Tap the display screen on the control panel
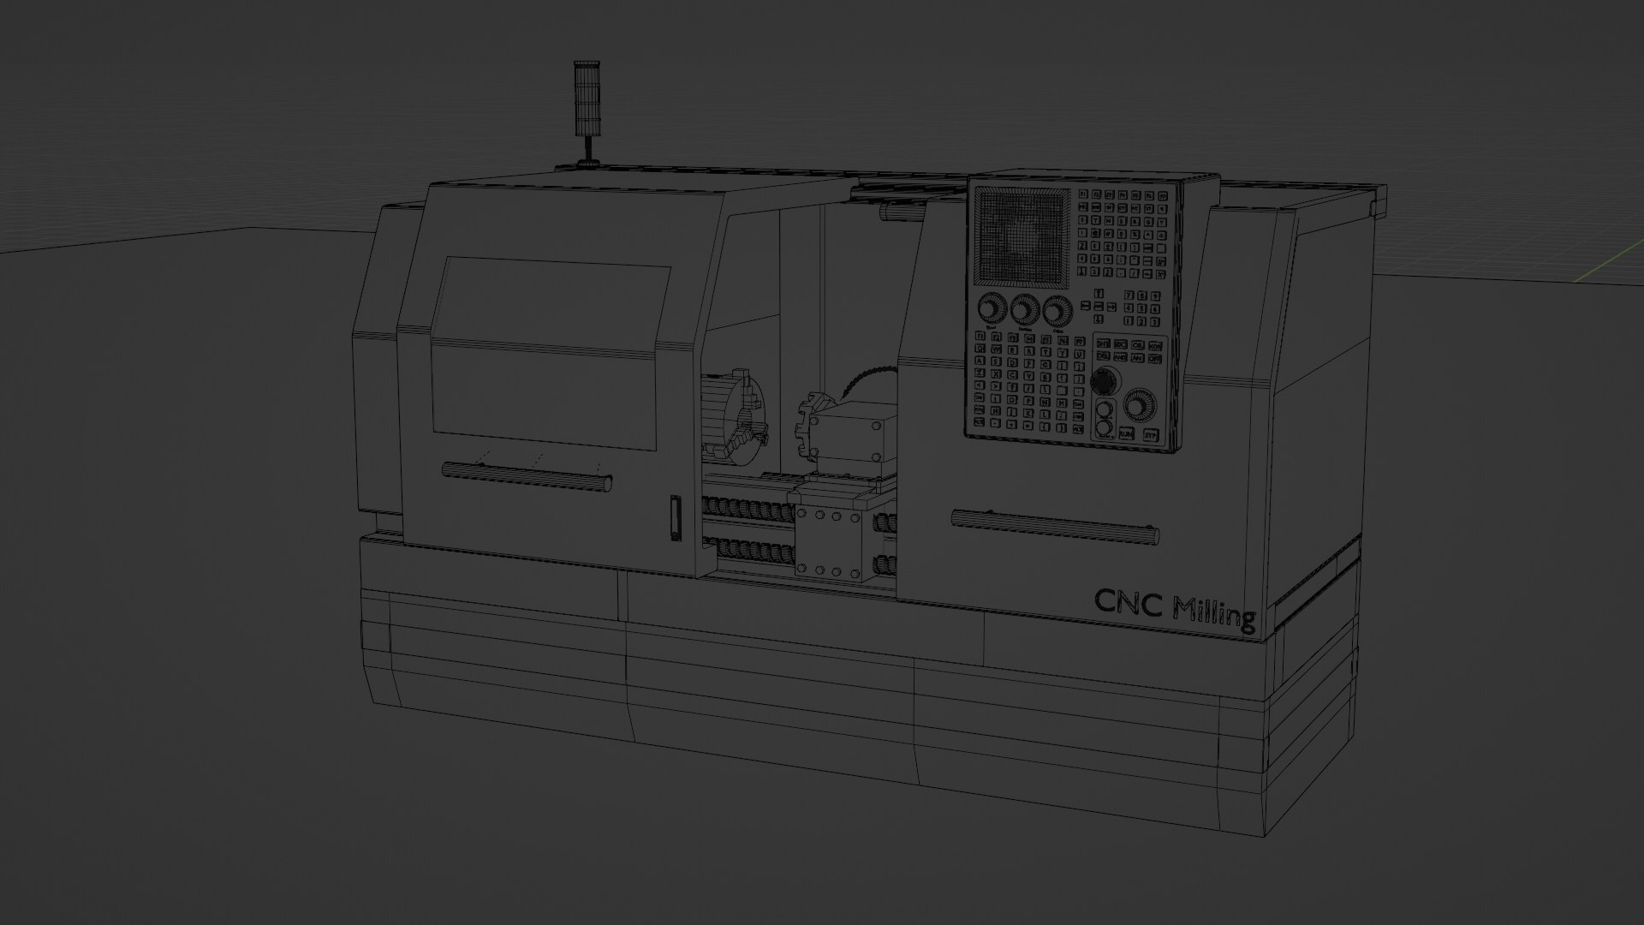coord(1022,236)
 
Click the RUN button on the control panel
coord(1125,433)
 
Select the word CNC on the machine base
coord(1129,604)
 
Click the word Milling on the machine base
coord(1215,614)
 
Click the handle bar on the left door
coord(526,476)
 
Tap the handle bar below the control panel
coord(1055,527)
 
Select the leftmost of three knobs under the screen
coord(992,309)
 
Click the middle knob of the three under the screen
coord(1025,310)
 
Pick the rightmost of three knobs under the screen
coord(1057,311)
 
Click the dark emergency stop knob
coord(1105,380)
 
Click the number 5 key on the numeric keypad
coord(1142,308)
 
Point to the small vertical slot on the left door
coord(675,518)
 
